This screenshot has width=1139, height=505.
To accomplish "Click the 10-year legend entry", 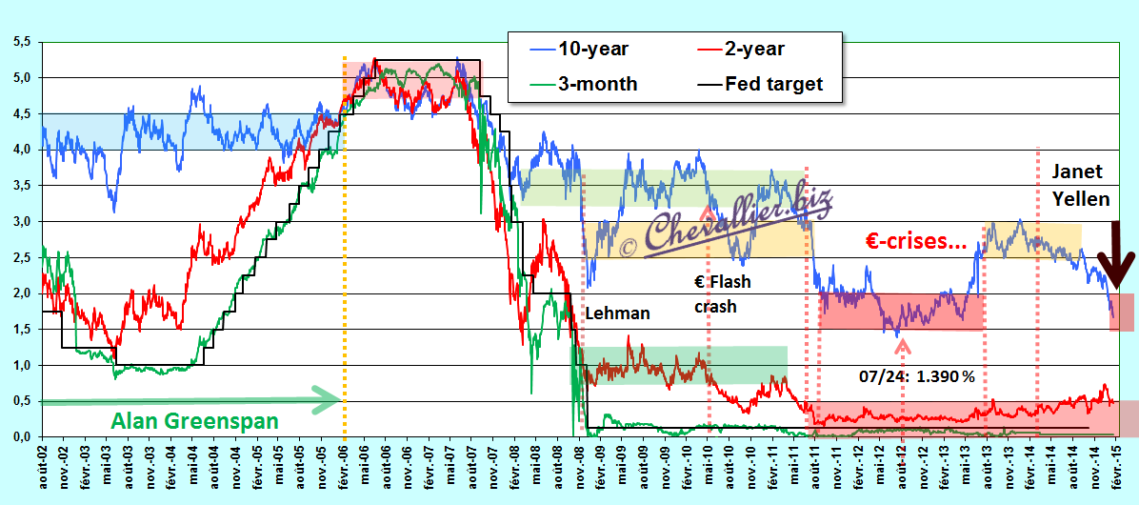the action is coord(574,50).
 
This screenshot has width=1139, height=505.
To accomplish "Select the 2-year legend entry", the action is coord(735,50).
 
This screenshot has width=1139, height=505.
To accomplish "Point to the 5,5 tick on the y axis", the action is coord(23,42).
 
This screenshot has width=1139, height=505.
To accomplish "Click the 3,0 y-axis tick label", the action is coord(23,222).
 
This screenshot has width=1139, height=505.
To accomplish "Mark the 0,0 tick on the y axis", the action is coord(23,436).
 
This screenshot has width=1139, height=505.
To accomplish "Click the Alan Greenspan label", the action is coord(195,421).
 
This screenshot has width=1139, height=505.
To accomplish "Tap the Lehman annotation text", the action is coord(618,313).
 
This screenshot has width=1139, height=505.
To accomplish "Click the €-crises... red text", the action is coord(916,243).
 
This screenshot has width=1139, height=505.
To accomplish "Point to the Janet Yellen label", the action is coord(1080,185).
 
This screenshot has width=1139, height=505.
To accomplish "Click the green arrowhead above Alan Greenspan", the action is coord(326,400).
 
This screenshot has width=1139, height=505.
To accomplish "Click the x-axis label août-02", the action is coord(43,468).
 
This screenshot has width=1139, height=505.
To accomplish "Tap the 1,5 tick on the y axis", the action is coord(23,329).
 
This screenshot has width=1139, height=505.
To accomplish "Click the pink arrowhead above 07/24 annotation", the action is coord(902,348).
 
